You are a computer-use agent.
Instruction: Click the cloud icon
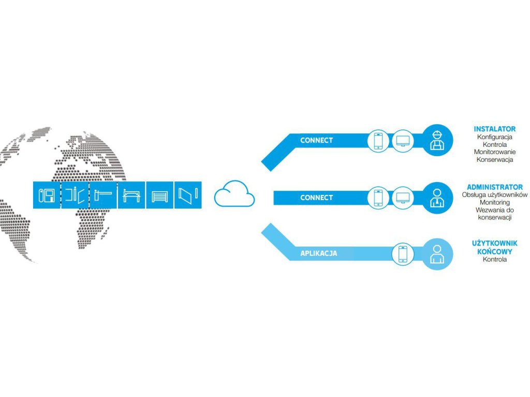pyautogui.click(x=234, y=194)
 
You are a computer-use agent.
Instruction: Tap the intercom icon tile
pyautogui.click(x=47, y=195)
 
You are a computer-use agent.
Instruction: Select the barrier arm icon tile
pyautogui.click(x=103, y=195)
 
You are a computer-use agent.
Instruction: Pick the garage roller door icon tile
pyautogui.click(x=159, y=195)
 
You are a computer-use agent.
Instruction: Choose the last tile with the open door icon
pyautogui.click(x=188, y=195)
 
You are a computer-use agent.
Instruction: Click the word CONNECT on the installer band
pyautogui.click(x=316, y=140)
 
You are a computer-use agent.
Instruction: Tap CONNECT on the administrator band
pyautogui.click(x=316, y=197)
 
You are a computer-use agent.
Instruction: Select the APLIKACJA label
pyautogui.click(x=319, y=253)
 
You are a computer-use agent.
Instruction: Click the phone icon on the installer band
pyautogui.click(x=378, y=141)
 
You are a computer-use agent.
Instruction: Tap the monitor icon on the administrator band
pyautogui.click(x=402, y=197)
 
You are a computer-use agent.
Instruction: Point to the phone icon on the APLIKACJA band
pyautogui.click(x=403, y=254)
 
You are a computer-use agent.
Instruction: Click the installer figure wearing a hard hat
pyautogui.click(x=438, y=140)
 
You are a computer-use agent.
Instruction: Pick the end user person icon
pyautogui.click(x=438, y=254)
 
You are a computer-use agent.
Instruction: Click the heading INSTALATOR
pyautogui.click(x=494, y=129)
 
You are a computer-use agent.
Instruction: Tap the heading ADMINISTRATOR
pyautogui.click(x=494, y=187)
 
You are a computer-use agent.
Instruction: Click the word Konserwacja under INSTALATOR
pyautogui.click(x=494, y=160)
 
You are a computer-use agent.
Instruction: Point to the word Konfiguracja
pyautogui.click(x=494, y=137)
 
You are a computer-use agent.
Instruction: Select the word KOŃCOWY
pyautogui.click(x=494, y=251)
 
